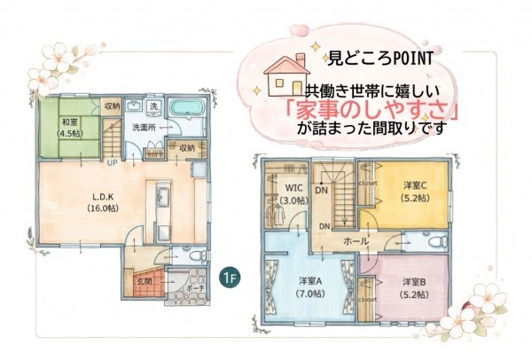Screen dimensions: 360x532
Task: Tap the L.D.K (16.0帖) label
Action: pyautogui.click(x=106, y=203)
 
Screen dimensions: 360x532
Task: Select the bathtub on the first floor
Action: pyautogui.click(x=186, y=110)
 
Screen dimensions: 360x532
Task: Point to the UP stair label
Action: pyautogui.click(x=113, y=163)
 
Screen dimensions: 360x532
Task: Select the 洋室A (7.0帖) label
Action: pyautogui.click(x=308, y=287)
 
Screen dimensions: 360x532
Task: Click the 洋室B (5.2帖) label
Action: pyautogui.click(x=414, y=287)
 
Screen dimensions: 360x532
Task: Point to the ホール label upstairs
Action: pyautogui.click(x=356, y=240)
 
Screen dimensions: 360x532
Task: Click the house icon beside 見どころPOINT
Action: pyautogui.click(x=286, y=77)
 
